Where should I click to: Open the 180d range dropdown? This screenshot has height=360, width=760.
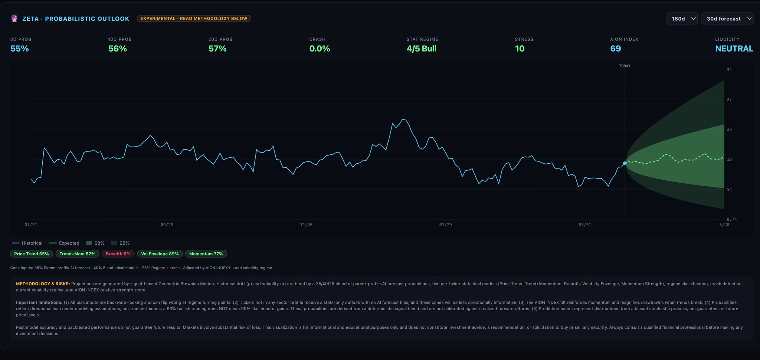pos(681,19)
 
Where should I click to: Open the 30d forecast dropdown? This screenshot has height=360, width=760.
pos(727,19)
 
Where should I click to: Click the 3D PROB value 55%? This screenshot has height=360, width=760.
pos(20,49)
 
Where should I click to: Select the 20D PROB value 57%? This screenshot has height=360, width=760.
pos(217,49)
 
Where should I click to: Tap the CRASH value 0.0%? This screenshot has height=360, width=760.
pos(320,49)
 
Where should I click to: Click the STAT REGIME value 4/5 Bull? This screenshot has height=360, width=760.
pos(422,49)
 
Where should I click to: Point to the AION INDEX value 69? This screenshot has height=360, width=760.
pos(615,49)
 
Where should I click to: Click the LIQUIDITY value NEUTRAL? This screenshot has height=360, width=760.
pos(734,49)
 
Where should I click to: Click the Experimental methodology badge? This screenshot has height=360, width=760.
pos(194,19)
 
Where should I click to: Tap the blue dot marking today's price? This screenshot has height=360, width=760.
pos(625,163)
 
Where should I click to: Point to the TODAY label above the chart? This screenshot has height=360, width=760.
pos(625,66)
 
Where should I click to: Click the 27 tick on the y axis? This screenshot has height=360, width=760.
pos(729,100)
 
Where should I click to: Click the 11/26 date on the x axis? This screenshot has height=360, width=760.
pos(306,225)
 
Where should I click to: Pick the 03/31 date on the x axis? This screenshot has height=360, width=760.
pos(585,225)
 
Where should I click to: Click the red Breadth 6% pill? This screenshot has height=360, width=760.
pos(118,254)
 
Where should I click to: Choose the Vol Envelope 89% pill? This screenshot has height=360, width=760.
pos(160,254)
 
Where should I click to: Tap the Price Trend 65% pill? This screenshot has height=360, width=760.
pos(32,254)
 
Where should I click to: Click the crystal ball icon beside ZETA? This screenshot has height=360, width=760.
pos(14,19)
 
